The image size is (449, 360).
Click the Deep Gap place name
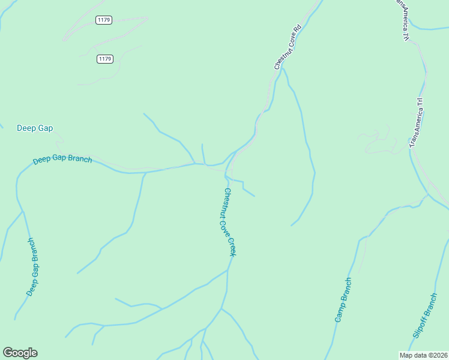[x=35, y=128]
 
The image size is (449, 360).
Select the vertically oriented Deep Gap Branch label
[x=34, y=266]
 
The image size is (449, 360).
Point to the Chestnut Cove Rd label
[x=287, y=47]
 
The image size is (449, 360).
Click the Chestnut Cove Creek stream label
[x=230, y=223]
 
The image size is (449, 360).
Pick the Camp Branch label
[x=343, y=300]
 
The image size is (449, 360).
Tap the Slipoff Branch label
[x=424, y=314]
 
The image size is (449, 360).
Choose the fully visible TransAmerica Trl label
[x=417, y=123]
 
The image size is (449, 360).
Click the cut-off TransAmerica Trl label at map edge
[x=402, y=19]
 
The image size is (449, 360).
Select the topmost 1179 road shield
[x=104, y=20]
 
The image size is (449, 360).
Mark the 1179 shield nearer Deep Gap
[x=104, y=59]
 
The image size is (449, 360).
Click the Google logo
[x=20, y=353]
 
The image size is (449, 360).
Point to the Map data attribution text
[x=423, y=355]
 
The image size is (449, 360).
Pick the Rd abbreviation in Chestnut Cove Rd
[x=295, y=29]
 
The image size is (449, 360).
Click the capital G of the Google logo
[x=8, y=353]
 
